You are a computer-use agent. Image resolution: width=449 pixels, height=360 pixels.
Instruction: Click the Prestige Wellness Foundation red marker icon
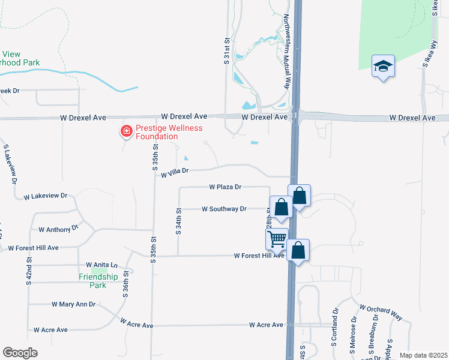[127, 131]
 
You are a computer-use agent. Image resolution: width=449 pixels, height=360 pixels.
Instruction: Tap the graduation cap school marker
[383, 66]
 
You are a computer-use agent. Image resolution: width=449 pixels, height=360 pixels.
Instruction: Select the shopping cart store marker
[277, 239]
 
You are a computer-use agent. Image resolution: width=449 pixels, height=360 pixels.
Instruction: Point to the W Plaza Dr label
[225, 187]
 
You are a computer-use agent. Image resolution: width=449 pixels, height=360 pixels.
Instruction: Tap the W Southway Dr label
[224, 209]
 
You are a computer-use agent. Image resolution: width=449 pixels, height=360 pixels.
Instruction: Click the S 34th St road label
[178, 222]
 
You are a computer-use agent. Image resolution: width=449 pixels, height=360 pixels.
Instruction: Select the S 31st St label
[227, 49]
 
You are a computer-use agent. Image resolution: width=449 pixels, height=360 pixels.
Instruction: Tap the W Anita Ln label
[101, 265]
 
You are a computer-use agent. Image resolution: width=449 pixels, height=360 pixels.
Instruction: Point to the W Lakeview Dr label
[46, 196]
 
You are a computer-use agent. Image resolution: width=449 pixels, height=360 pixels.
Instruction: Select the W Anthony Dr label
[59, 229]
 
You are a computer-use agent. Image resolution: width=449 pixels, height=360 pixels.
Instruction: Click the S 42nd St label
[29, 271]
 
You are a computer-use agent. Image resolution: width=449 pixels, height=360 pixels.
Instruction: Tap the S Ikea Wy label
[429, 52]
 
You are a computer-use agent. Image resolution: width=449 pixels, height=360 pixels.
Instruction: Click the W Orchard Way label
[381, 312]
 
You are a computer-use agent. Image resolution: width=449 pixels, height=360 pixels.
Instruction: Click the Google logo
[20, 353]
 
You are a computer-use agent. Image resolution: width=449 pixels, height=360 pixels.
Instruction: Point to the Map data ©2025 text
[423, 355]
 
